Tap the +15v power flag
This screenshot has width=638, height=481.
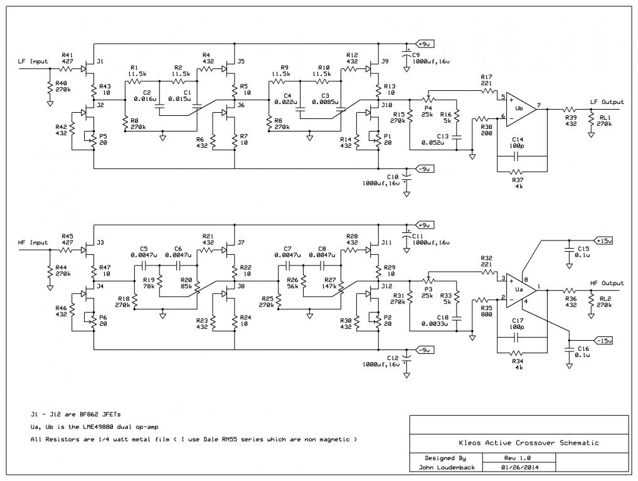[x=603, y=240]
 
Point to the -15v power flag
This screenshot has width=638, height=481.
[x=603, y=341]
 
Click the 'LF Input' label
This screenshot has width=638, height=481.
[x=33, y=61]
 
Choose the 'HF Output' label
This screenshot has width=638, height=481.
[x=607, y=283]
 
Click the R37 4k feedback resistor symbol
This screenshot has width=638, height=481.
[x=517, y=172]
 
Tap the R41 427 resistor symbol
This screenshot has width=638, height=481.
[x=67, y=69]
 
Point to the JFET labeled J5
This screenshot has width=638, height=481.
[x=230, y=69]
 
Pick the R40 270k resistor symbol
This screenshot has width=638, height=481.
[x=50, y=88]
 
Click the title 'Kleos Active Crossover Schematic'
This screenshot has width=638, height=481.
[x=529, y=443]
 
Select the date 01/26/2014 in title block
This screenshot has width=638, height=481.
[x=519, y=467]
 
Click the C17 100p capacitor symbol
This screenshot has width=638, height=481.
[x=517, y=337]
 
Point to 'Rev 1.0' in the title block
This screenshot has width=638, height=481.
[x=519, y=458]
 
